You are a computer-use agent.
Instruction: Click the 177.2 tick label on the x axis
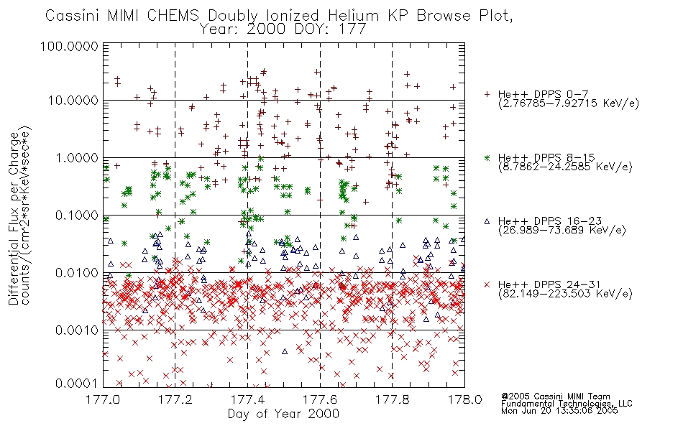click(175, 399)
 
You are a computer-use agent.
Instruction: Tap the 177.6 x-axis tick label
click(320, 399)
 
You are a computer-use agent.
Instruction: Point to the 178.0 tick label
click(464, 399)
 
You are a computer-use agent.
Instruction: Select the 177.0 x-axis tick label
click(103, 399)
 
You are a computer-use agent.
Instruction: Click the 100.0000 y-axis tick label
click(70, 46)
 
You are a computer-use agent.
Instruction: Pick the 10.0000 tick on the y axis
click(73, 101)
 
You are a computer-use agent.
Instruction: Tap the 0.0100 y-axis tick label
click(77, 273)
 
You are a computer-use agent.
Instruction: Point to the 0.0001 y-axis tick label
click(77, 384)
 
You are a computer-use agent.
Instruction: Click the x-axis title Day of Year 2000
click(283, 414)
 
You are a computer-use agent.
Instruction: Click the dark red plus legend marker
click(487, 94)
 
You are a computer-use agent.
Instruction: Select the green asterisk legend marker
click(487, 157)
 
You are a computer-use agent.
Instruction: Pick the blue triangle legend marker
click(487, 221)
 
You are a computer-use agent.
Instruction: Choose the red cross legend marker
click(487, 284)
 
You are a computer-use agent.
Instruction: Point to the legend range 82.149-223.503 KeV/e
click(565, 294)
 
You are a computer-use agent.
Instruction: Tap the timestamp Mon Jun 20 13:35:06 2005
click(559, 411)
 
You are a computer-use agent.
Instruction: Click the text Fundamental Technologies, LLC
click(567, 404)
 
